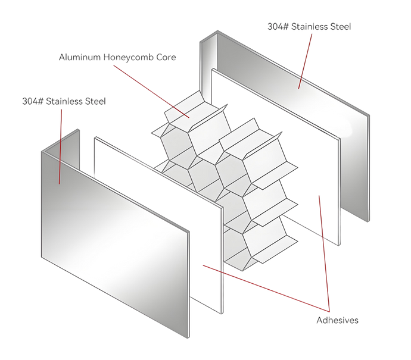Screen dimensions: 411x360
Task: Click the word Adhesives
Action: click(x=337, y=320)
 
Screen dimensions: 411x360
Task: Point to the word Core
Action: click(x=166, y=57)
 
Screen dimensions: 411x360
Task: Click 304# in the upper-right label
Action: click(x=278, y=26)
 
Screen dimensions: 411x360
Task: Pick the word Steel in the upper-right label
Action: click(x=341, y=26)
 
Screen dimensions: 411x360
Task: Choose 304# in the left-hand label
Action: click(x=33, y=101)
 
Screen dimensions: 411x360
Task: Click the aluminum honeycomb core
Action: click(x=225, y=181)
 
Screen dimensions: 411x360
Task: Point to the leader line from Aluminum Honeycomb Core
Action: click(x=151, y=92)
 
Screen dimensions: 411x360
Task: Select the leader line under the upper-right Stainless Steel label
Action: click(x=305, y=61)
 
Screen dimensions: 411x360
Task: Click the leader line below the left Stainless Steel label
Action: click(x=60, y=146)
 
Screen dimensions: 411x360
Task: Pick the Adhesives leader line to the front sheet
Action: click(x=266, y=288)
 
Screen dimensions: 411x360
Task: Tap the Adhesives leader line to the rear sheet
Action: click(x=324, y=253)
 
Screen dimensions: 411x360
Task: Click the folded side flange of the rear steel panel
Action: click(x=208, y=68)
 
